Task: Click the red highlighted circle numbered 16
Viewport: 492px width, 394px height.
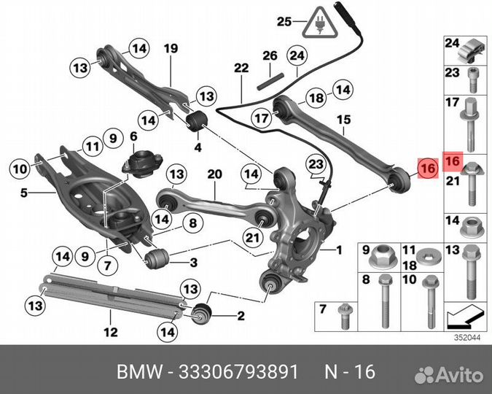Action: point(427,169)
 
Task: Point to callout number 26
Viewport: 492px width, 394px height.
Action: point(270,56)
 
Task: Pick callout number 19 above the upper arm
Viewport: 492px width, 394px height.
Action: point(170,50)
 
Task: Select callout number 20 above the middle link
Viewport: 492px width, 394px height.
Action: point(213,174)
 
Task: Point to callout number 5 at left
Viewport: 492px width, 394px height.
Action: point(23,193)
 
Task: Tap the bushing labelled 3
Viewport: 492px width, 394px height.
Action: point(159,258)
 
